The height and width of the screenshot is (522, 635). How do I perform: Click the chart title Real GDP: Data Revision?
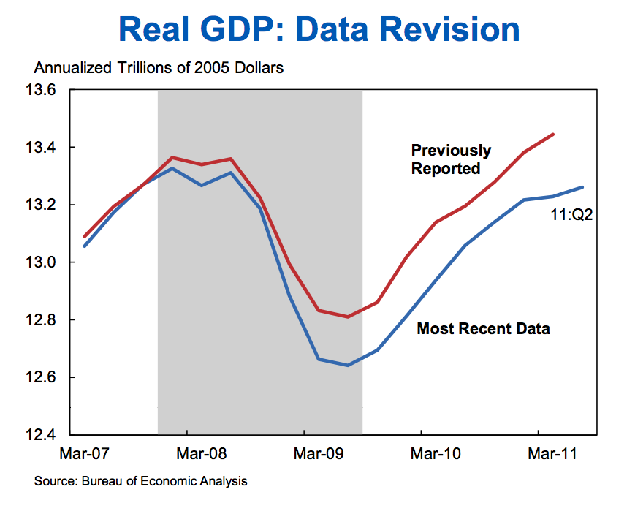pos(319,29)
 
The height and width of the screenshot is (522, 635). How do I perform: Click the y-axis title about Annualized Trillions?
pos(159,68)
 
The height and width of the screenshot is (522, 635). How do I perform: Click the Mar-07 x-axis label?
pos(83,454)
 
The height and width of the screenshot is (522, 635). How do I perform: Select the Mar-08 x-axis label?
pos(202,454)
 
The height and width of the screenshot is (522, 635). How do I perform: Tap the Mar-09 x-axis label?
pos(319,454)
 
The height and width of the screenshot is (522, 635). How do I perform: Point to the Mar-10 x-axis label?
pos(436,454)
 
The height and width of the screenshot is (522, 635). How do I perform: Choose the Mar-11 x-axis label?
pos(552,454)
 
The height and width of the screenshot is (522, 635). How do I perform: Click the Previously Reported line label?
pos(451,159)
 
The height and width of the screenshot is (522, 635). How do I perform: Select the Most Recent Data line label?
pos(483,329)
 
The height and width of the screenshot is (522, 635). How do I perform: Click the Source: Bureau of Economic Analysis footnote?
pos(140,481)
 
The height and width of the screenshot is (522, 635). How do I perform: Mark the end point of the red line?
pos(553,135)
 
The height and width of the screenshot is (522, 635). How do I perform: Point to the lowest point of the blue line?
pos(348,365)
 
